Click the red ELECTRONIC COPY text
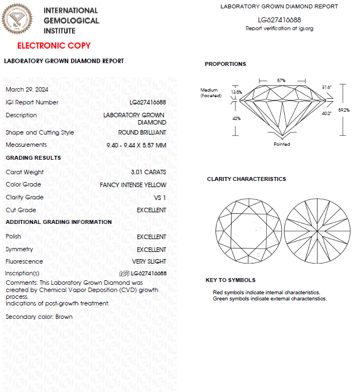[54, 46]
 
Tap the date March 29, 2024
[27, 89]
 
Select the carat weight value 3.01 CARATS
[148, 172]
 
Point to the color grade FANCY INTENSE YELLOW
[133, 185]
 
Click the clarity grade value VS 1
[160, 198]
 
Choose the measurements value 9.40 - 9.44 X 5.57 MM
[136, 145]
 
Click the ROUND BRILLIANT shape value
[142, 133]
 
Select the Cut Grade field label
[21, 210]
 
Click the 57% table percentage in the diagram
[281, 80]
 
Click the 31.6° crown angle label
[327, 87]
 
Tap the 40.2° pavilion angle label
[327, 113]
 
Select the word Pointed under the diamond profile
[282, 144]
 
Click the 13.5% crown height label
[236, 92]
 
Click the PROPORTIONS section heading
[225, 64]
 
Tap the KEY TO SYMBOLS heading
[231, 280]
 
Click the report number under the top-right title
[279, 20]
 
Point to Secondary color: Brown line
[39, 317]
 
